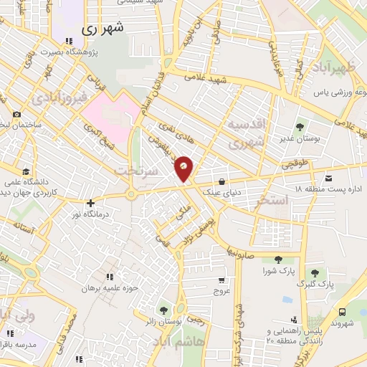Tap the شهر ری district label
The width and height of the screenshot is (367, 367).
(103, 29)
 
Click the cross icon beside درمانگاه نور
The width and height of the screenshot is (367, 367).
(90, 204)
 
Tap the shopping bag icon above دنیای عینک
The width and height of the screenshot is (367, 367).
(224, 181)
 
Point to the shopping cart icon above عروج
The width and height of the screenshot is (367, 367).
(222, 280)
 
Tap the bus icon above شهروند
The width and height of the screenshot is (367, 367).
(343, 312)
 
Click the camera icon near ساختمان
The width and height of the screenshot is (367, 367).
(16, 115)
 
